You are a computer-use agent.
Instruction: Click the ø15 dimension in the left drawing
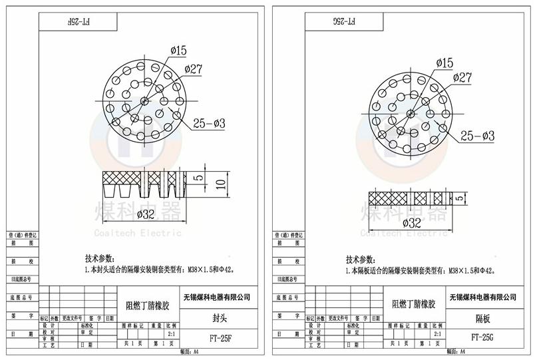(178, 50)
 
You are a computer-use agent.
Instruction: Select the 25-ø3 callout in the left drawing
(211, 122)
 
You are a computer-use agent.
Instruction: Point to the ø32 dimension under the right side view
(412, 222)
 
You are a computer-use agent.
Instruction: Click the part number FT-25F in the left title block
(220, 338)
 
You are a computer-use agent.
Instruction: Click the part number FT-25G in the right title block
(482, 338)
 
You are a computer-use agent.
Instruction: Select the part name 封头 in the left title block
(220, 318)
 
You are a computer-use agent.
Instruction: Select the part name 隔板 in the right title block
(482, 318)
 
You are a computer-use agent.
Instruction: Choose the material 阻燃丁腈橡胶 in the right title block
(413, 305)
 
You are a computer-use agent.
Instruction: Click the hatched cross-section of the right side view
(389, 198)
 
